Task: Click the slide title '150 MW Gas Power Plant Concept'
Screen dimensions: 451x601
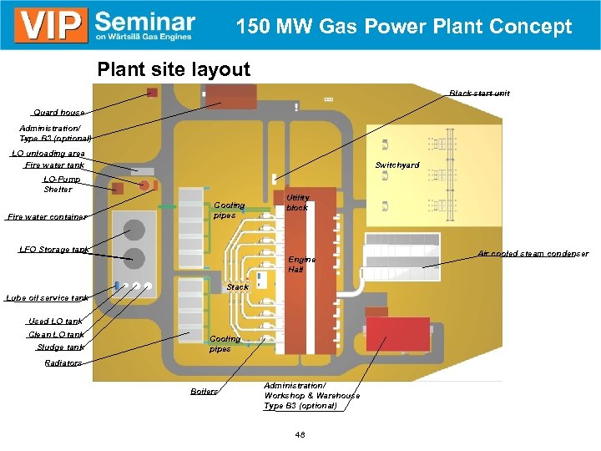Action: pos(404,27)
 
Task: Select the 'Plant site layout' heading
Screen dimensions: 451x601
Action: pos(174,69)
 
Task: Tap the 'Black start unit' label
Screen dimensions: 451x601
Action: pos(479,93)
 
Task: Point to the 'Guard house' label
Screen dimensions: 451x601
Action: pos(58,112)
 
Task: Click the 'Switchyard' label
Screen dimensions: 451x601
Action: pos(396,165)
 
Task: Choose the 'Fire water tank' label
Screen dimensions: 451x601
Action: pos(55,165)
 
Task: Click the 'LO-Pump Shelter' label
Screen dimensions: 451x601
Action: pos(58,184)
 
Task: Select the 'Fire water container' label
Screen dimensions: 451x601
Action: pos(47,217)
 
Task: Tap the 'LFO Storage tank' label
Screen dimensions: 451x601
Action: pos(54,250)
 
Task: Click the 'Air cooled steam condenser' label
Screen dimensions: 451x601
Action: pos(533,253)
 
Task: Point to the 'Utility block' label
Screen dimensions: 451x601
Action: pos(297,202)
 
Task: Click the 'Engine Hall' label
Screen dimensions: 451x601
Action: pos(301,265)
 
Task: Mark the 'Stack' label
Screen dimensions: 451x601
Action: pos(238,287)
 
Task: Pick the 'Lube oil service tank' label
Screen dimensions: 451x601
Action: pos(47,297)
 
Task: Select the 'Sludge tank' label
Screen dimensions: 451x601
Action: pos(60,347)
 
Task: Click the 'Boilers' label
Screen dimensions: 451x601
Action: pos(204,392)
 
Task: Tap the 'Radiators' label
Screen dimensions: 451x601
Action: pos(63,363)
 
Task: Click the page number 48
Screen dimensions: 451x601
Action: pos(300,434)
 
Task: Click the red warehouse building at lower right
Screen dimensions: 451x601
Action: pos(398,334)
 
